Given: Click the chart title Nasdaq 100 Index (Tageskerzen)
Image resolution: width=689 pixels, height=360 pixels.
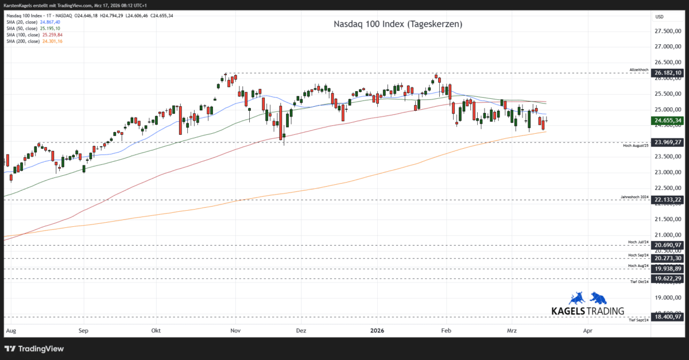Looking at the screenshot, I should point(398,24).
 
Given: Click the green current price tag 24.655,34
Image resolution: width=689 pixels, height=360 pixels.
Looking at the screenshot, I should point(668,120).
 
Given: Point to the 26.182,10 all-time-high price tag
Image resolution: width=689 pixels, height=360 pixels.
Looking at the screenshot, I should point(668,73).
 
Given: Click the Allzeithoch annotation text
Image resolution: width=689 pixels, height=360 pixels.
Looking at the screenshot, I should point(639,70).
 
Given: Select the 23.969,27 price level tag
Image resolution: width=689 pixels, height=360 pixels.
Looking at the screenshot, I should point(668,142).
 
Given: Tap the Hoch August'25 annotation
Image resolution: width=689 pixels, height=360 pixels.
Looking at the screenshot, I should point(636,146).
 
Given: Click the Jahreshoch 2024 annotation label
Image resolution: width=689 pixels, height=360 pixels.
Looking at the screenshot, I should point(634,197).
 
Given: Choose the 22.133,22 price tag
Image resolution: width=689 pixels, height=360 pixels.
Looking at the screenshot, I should point(668,200).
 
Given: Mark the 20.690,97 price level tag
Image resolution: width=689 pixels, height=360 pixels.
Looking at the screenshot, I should point(668,245).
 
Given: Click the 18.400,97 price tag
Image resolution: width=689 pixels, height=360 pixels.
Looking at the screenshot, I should point(668,316).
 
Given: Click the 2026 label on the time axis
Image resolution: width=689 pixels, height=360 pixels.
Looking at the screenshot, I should point(377,331).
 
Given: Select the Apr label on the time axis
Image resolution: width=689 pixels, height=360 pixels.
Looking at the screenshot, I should point(587,331).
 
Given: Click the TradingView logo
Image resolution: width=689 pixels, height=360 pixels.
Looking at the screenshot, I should point(34,349).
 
